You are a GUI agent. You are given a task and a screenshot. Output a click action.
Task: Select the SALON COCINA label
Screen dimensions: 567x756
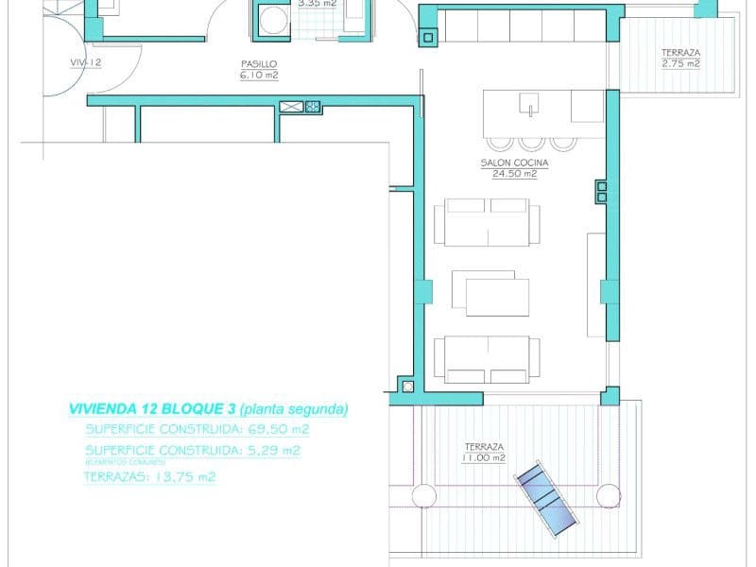click(514, 163)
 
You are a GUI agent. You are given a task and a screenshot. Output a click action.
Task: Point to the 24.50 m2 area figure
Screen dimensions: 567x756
click(515, 174)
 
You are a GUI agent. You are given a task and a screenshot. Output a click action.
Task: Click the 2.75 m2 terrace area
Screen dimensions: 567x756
click(680, 64)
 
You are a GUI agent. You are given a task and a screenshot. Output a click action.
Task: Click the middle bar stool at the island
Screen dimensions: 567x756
click(531, 144)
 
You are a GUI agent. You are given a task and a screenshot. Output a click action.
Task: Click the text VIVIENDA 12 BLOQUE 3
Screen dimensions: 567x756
click(152, 409)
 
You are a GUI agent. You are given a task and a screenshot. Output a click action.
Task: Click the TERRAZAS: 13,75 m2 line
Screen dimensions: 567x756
click(150, 477)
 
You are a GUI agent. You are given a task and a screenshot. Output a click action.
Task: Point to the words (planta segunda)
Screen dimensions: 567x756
click(294, 409)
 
